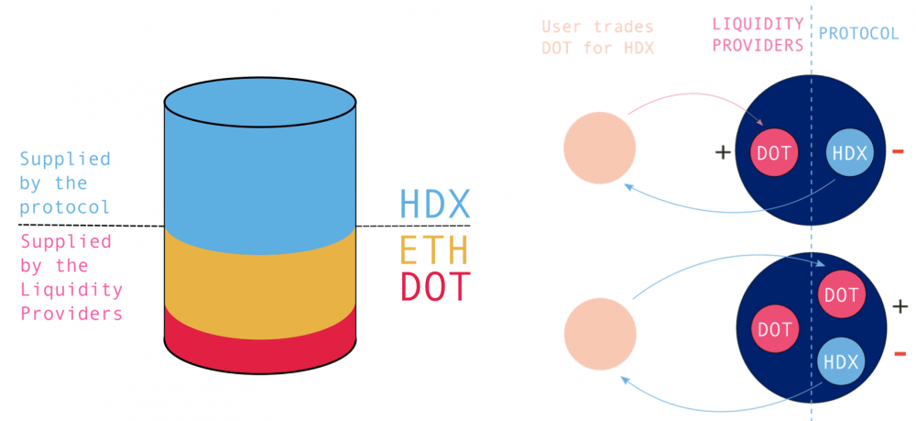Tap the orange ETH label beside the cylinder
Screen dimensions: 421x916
(x=434, y=249)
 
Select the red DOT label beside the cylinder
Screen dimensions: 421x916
(x=434, y=288)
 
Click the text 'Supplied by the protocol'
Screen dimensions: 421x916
(x=65, y=183)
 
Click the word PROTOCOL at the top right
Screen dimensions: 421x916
(x=859, y=33)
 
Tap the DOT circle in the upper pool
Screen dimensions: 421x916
(x=774, y=152)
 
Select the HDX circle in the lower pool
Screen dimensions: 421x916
(x=840, y=362)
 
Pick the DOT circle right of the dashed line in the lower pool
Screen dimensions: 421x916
(x=841, y=296)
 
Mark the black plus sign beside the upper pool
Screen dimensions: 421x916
(x=723, y=152)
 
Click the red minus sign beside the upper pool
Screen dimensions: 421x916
(x=898, y=151)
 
